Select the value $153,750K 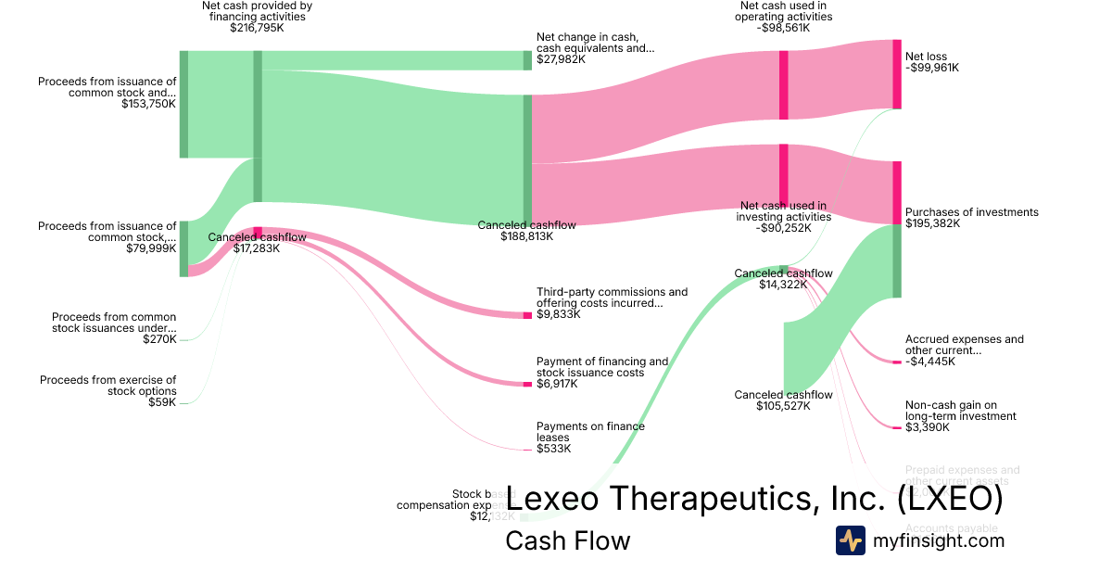(x=148, y=105)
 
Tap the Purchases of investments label (x=971, y=212)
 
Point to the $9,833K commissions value (x=558, y=314)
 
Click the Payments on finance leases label (x=590, y=432)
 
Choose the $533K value (x=553, y=449)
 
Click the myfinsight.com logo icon (x=851, y=540)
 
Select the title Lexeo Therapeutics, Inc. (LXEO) (x=755, y=499)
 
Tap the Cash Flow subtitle (x=567, y=540)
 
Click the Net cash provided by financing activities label (x=257, y=11)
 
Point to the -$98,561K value (x=783, y=28)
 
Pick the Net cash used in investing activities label (x=783, y=211)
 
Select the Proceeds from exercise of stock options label (x=107, y=386)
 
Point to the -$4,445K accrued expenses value (x=930, y=362)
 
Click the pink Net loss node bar (x=896, y=74)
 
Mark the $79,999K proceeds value (x=151, y=248)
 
